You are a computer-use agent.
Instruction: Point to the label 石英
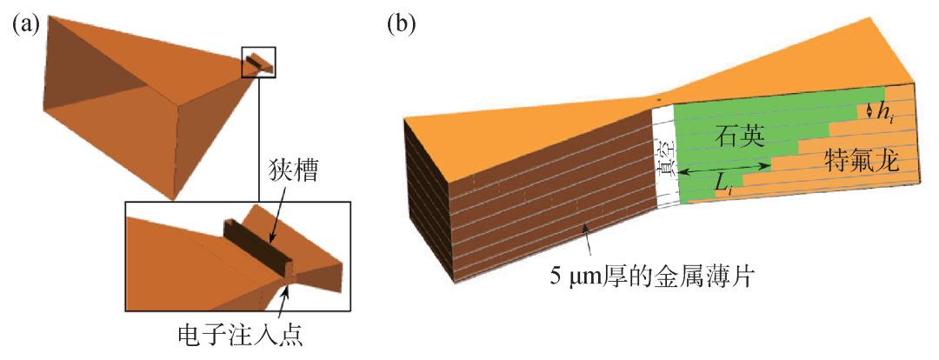[x=735, y=137]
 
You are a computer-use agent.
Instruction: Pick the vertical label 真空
[x=665, y=160]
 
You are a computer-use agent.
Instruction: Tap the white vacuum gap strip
[x=664, y=157]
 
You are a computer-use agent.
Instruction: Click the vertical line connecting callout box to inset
[x=259, y=139]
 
